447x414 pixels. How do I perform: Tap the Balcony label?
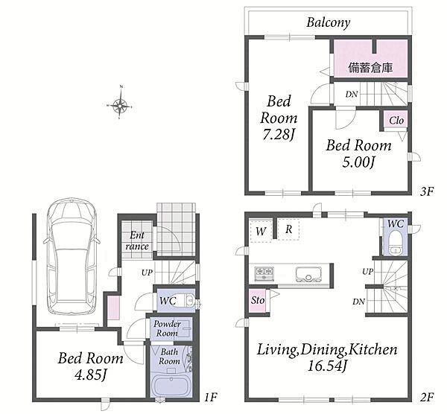tap(328, 22)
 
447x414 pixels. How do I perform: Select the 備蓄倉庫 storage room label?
tap(370, 68)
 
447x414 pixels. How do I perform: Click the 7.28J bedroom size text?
tap(278, 134)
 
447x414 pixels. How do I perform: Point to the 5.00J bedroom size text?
tap(358, 162)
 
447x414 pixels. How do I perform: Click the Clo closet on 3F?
tap(396, 121)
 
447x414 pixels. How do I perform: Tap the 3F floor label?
tap(427, 192)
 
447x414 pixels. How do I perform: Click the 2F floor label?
tap(427, 397)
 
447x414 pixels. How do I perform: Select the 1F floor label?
tap(211, 397)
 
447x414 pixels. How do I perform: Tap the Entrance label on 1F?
tap(137, 241)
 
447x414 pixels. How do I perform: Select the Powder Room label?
tap(167, 328)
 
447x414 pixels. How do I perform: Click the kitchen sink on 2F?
tap(308, 274)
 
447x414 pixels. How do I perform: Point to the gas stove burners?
tap(264, 273)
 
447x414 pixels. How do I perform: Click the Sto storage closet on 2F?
tap(258, 300)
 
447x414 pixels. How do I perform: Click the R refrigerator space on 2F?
tap(288, 229)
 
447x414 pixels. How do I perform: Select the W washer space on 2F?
tap(261, 231)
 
